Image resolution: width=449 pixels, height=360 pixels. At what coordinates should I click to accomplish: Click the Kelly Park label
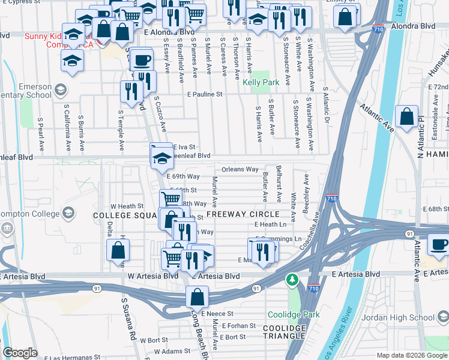pos(261,82)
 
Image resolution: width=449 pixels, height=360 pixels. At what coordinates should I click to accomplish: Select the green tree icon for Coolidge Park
pos(292,280)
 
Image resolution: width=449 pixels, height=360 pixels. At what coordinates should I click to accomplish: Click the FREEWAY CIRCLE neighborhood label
pos(243,214)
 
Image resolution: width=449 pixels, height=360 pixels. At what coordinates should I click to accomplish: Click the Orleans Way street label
pos(240,170)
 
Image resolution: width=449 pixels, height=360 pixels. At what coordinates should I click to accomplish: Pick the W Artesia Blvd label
pos(153,276)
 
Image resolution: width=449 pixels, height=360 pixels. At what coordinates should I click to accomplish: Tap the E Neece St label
pos(217,314)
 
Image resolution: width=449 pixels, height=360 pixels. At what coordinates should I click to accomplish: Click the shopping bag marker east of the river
pos(406,118)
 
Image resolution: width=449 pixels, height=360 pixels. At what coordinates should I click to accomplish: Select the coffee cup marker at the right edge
pos(438,247)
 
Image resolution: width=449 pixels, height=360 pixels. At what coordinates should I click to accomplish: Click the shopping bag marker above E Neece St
pos(196,296)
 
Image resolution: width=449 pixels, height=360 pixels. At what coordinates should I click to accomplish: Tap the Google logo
pos(20,353)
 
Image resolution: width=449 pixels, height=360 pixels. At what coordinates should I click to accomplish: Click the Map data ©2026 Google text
pos(412,355)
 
